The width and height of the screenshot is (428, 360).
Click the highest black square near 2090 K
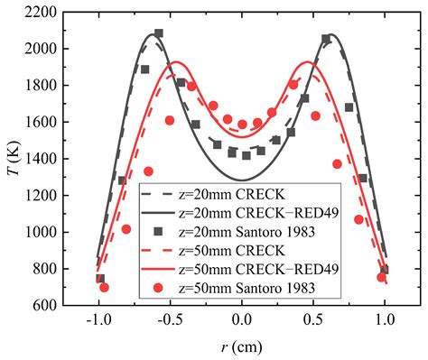click(x=159, y=33)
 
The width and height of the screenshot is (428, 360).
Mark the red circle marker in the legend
click(x=158, y=288)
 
